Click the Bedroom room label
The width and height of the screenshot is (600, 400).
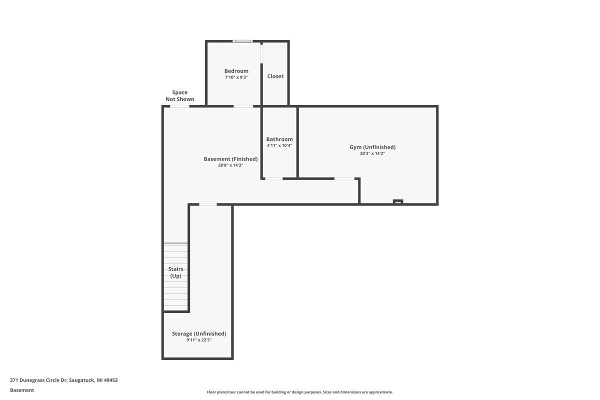coord(236,71)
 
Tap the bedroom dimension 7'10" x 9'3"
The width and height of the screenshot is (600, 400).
coord(236,77)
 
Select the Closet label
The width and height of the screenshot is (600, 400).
coord(275,76)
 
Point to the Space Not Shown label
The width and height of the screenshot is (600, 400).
coord(180,95)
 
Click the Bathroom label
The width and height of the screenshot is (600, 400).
coord(279,139)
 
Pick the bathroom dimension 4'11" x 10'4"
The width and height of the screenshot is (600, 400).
coord(279,145)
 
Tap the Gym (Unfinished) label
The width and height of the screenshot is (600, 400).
coord(372,147)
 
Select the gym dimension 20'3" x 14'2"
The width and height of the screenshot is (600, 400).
coord(372,153)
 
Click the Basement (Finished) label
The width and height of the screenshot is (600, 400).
coord(230,159)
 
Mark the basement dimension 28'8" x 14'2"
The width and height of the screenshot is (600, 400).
coord(230,165)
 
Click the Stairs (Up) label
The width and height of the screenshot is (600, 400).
coord(175,272)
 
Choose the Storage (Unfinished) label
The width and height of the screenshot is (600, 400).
coord(199,333)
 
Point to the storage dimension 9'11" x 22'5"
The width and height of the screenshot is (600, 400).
coord(199,340)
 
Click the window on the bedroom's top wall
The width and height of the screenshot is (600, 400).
coord(243,41)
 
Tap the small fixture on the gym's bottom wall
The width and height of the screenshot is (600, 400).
coord(398,202)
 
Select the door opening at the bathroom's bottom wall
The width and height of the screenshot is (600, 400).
coord(273,178)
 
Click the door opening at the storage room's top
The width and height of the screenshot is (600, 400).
coord(208,204)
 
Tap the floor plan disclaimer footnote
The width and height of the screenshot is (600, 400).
coord(300,392)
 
